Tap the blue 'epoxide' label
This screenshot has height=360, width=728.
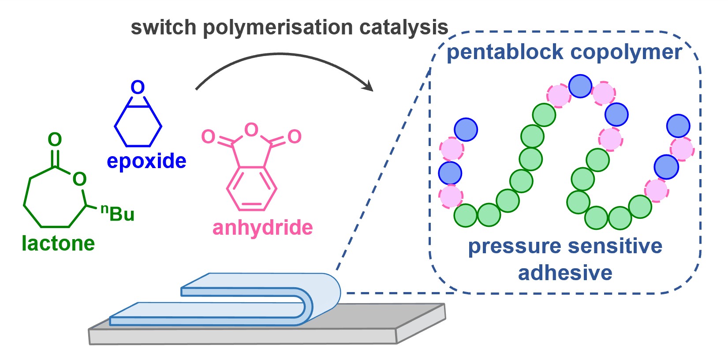click(x=146, y=161)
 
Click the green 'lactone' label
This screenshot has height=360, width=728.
click(x=58, y=243)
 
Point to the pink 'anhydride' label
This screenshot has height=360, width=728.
click(x=262, y=228)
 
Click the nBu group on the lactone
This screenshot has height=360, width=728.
click(x=118, y=213)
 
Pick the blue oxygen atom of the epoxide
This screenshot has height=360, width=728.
click(x=138, y=87)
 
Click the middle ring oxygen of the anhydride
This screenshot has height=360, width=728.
click(x=251, y=130)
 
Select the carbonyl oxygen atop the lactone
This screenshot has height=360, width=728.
click(x=55, y=140)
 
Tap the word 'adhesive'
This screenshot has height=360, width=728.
click(x=565, y=273)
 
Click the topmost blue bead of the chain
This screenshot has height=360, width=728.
click(x=580, y=86)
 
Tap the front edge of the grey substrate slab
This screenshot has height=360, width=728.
click(x=243, y=337)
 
